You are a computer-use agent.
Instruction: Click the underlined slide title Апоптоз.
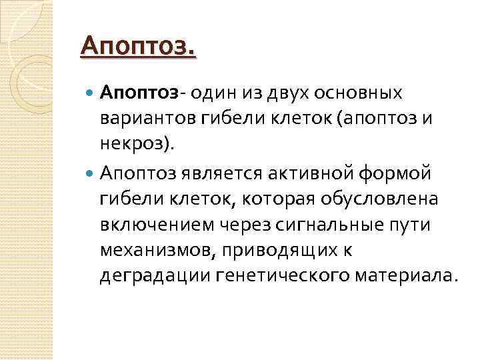click(138, 48)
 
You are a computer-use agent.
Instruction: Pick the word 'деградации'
click(155, 276)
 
